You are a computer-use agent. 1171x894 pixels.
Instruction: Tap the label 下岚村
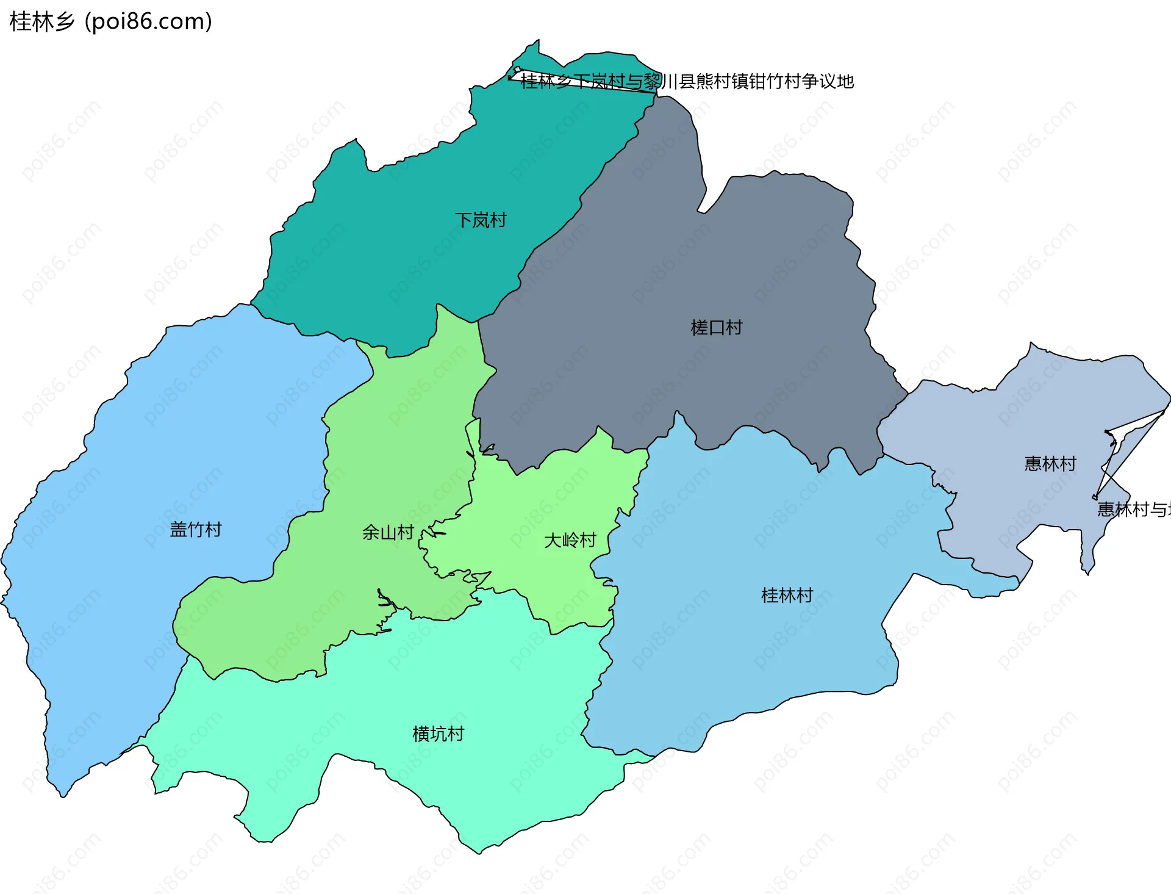coord(481,220)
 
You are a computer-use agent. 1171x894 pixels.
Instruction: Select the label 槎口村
coord(716,328)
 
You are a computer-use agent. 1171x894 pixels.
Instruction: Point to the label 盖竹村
coord(195,529)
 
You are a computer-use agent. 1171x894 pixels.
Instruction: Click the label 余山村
coord(388,532)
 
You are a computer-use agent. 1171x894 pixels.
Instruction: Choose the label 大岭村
coord(570,540)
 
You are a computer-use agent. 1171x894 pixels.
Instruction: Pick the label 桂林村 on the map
coord(787,595)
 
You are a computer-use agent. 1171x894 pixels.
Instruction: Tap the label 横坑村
coord(438,734)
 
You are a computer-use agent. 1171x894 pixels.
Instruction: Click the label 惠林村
coord(1050,464)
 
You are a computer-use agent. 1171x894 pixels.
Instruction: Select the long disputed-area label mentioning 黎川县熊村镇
coord(687,81)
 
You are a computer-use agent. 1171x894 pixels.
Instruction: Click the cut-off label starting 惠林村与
coord(1133,509)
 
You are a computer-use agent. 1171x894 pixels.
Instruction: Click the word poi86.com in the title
coord(148,21)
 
